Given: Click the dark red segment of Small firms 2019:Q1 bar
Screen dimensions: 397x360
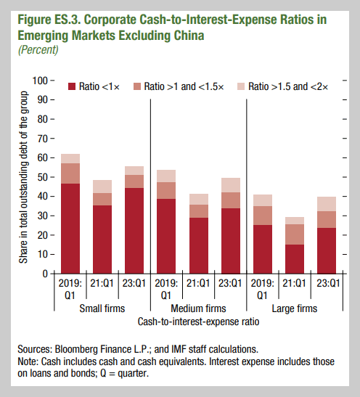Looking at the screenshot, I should tap(70, 229).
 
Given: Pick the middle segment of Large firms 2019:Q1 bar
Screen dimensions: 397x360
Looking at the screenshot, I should tap(262, 216).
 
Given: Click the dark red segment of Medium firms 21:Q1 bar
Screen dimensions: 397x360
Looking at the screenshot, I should tap(198, 245).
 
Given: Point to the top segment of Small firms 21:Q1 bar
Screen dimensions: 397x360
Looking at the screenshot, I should tap(102, 187).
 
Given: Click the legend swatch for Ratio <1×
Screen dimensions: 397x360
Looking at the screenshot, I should tap(72, 86).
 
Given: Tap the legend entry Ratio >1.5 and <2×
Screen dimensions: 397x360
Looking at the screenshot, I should tap(287, 86).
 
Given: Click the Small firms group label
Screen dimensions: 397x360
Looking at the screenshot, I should tap(102, 308).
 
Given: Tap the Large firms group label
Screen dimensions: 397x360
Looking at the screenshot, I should tap(294, 308).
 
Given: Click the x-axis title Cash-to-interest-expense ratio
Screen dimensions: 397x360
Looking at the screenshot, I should tap(198, 319).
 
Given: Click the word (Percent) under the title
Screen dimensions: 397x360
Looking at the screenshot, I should tap(37, 50).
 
